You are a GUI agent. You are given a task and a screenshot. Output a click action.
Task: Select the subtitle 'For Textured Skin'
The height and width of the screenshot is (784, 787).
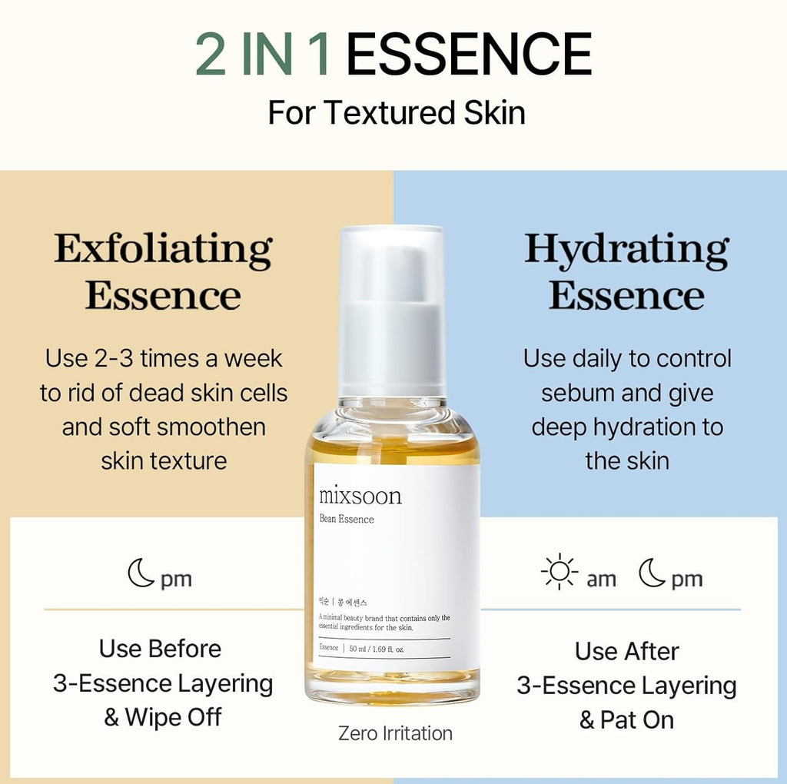(396, 112)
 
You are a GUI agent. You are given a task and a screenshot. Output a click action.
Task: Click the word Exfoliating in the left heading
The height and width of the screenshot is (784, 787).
(163, 249)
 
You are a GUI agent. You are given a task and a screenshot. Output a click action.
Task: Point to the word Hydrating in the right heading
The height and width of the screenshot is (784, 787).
(626, 249)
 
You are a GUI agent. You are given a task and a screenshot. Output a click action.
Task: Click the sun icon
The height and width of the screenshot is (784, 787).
(559, 573)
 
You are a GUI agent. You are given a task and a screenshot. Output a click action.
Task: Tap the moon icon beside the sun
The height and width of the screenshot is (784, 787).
(652, 573)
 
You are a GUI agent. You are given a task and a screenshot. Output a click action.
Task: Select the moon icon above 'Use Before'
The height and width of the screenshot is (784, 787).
(141, 573)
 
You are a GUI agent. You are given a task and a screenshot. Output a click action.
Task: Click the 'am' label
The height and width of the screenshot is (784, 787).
(601, 580)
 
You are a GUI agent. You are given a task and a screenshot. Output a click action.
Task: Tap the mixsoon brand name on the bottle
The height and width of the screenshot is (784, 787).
(360, 496)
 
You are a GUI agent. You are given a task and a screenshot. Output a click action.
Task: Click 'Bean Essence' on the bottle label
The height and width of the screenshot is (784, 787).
(346, 519)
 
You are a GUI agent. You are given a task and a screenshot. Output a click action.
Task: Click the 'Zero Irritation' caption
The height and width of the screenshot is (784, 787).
(395, 733)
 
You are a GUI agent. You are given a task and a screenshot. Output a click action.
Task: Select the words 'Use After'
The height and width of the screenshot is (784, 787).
(626, 651)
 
